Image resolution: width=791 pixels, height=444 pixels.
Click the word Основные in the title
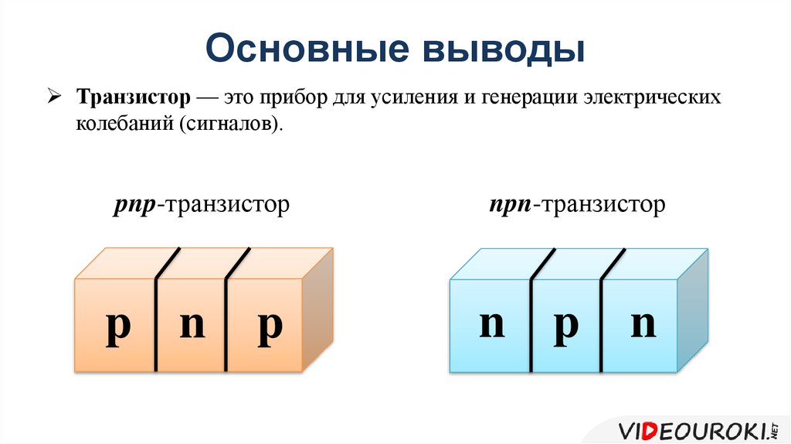tap(304, 49)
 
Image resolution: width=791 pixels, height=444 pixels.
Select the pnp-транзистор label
tap(199, 205)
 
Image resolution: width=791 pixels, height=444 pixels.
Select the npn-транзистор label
tap(576, 205)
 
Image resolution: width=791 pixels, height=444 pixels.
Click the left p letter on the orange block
tap(118, 327)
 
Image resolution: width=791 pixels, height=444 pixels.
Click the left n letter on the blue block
tap(491, 325)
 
